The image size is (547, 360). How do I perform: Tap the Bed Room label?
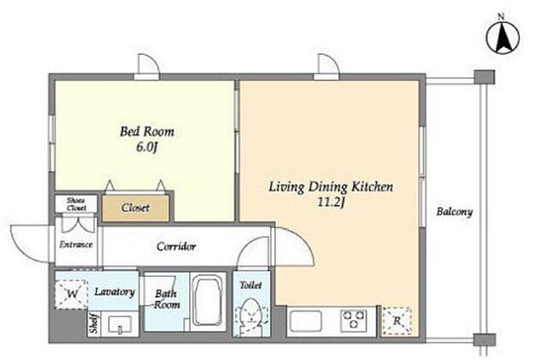point(147,132)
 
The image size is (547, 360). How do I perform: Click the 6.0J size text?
point(147,147)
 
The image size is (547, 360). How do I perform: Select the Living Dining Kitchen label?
point(331,186)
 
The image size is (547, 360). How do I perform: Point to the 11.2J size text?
point(331,202)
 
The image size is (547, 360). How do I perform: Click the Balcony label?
point(455,211)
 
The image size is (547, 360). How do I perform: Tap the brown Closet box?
point(136,208)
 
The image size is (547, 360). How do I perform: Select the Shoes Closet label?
point(76,204)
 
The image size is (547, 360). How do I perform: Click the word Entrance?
point(76,245)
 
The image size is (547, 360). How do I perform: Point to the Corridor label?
point(176,246)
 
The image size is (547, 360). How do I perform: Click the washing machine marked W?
point(71,294)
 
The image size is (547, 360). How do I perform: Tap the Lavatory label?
point(115,292)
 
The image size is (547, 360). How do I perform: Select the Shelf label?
point(94,324)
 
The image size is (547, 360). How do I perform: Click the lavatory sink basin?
point(120,325)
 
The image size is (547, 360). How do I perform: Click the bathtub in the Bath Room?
point(208,301)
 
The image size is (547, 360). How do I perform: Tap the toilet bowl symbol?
point(250,317)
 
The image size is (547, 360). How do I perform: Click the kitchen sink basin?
point(306,321)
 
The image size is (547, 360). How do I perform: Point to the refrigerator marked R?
point(397,322)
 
